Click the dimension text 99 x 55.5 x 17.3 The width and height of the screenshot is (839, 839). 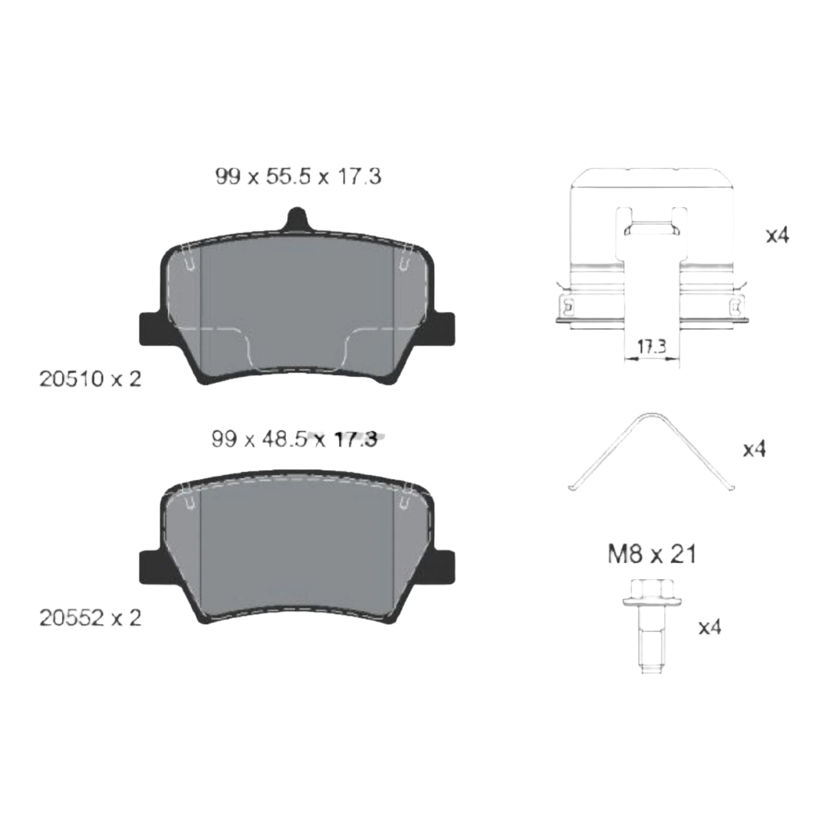coord(298,177)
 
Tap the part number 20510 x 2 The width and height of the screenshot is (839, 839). coord(90,379)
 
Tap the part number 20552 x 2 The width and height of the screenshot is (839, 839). coord(90,618)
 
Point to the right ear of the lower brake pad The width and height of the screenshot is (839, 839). coord(443,567)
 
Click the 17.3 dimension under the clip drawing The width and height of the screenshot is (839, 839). coord(652,347)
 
